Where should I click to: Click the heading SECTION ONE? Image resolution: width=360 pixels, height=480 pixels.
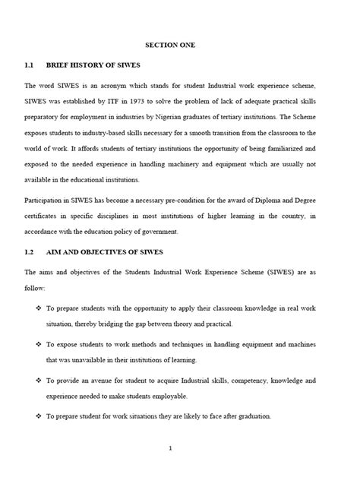[180, 46]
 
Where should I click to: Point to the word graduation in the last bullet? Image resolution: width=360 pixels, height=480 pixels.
[232, 415]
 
